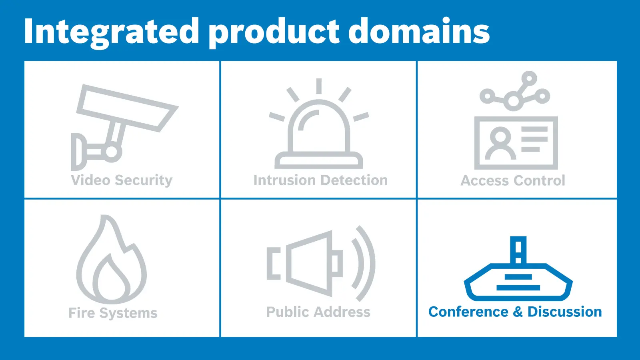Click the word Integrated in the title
pos(112,32)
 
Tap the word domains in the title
pos(419,30)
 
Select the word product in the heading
pos(274,32)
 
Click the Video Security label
pos(122,180)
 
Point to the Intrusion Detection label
pos(320,180)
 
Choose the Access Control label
pos(513,180)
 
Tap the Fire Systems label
pos(113,313)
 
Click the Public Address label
pos(318,312)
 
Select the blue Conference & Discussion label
pos(515,312)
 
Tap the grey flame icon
pos(112,260)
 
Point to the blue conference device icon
pos(518,268)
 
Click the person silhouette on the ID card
pos(500,143)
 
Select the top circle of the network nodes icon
pos(529,78)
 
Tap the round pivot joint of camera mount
pos(112,152)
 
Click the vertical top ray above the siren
pos(319,86)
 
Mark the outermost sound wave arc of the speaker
pos(366,263)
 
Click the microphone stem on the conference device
pos(518,250)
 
